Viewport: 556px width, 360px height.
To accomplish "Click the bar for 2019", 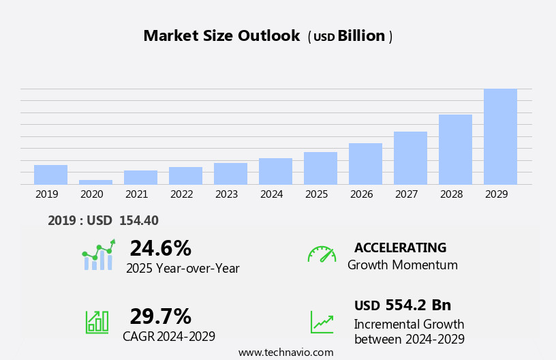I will pos(50,175).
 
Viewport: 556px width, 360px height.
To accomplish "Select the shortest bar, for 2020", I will pos(95,182).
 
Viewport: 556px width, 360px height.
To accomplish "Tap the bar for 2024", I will pos(275,171).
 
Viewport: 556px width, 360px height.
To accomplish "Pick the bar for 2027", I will pos(410,158).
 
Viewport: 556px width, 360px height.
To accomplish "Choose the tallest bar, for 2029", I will pos(500,136).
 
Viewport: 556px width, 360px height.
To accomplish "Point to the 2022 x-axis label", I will pos(181,194).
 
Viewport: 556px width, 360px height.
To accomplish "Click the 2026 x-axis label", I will pos(361,194).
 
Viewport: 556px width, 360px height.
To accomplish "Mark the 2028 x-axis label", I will pos(451,194).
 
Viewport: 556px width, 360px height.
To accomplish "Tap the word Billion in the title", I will pos(361,36).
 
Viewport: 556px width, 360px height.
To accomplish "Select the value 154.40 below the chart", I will pos(138,220).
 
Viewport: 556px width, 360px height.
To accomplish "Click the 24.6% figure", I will pos(160,248).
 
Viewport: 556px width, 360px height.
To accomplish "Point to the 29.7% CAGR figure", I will pos(160,316).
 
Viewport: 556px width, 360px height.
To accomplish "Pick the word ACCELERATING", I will pos(400,247).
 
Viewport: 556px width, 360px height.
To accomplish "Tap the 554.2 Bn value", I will pos(418,305).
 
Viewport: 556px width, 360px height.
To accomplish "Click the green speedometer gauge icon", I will pos(322,254).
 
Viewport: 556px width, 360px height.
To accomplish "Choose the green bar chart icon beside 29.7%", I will pos(97,322).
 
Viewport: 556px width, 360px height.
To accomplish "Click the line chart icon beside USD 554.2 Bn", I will pos(322,322).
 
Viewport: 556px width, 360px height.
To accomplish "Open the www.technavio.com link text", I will pos(285,352).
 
